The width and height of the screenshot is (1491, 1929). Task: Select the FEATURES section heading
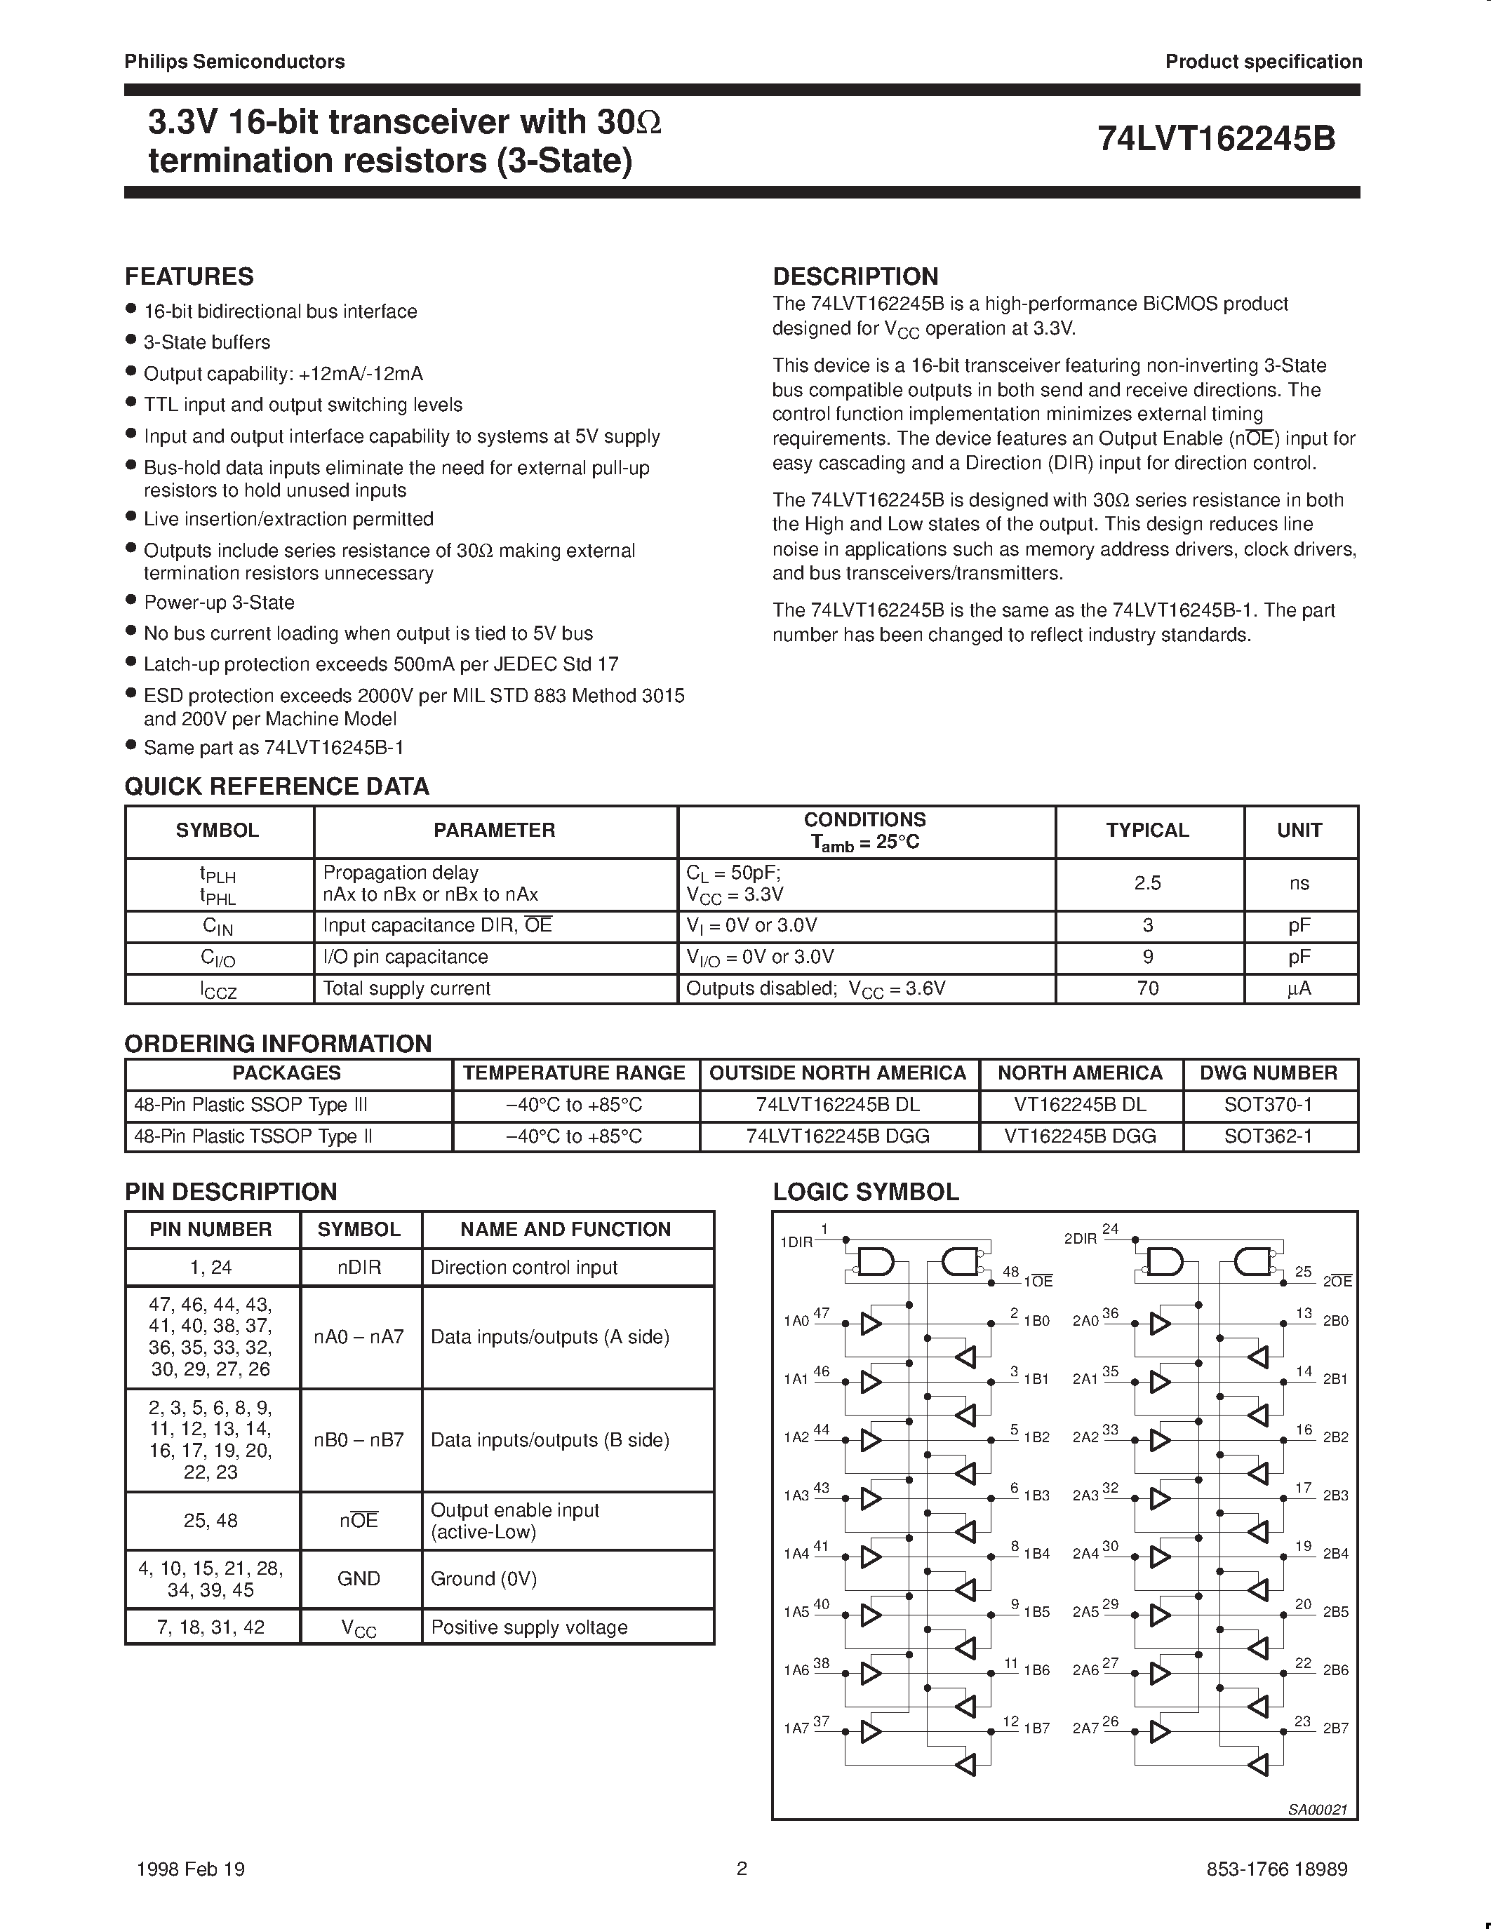coord(189,276)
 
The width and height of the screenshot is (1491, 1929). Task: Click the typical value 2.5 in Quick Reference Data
coord(1147,882)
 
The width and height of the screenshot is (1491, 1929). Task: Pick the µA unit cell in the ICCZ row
coord(1299,988)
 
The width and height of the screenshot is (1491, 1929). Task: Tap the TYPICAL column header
coord(1147,831)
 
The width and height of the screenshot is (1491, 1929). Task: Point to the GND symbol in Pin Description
coord(359,1578)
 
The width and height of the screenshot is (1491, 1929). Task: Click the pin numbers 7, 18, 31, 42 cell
coord(211,1627)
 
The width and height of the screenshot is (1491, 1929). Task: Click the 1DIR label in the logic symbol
coord(796,1242)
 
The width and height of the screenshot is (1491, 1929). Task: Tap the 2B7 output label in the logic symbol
coord(1335,1728)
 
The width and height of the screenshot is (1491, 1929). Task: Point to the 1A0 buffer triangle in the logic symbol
coord(871,1323)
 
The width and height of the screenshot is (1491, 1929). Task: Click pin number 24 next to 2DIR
coord(1110,1228)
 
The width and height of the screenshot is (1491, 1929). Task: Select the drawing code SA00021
coord(1317,1810)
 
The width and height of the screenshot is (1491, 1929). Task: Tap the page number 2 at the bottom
coord(742,1868)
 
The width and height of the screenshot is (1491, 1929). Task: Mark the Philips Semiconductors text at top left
coord(234,62)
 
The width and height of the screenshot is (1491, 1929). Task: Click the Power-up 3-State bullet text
coord(219,603)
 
